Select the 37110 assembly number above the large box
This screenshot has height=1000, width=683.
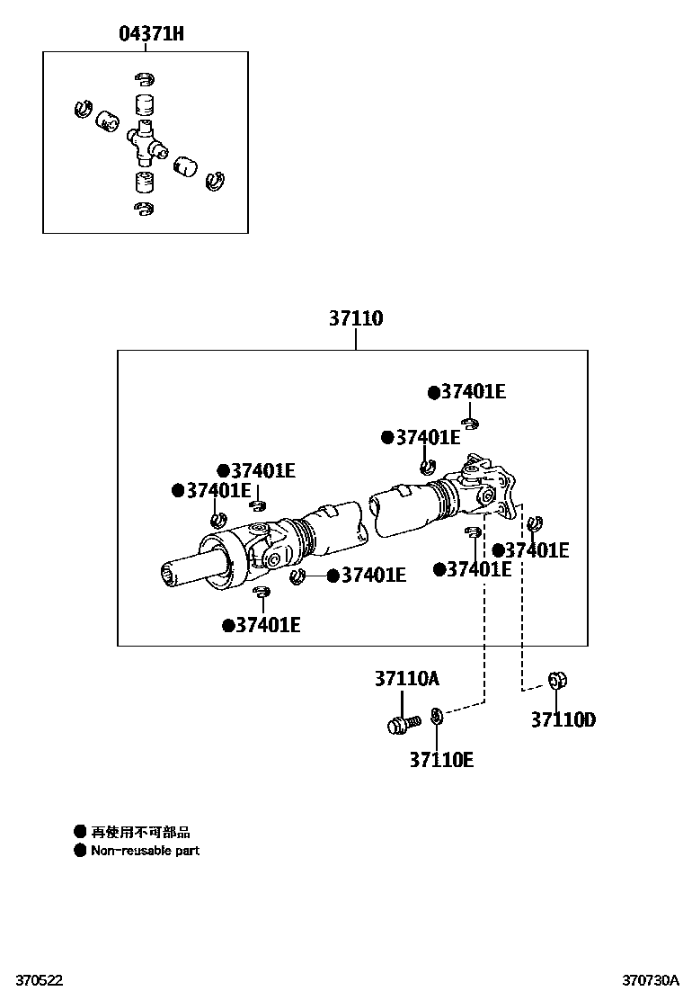(x=355, y=318)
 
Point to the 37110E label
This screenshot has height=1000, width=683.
(x=441, y=760)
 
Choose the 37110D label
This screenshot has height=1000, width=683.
(x=563, y=719)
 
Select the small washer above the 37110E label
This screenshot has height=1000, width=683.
(x=437, y=716)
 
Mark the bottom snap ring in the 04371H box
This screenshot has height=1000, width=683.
(x=143, y=209)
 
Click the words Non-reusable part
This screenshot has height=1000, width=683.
(x=145, y=850)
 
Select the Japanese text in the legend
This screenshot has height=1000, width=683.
(x=141, y=833)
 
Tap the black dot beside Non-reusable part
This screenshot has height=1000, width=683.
(x=80, y=850)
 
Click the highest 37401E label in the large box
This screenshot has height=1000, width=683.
(x=473, y=392)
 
